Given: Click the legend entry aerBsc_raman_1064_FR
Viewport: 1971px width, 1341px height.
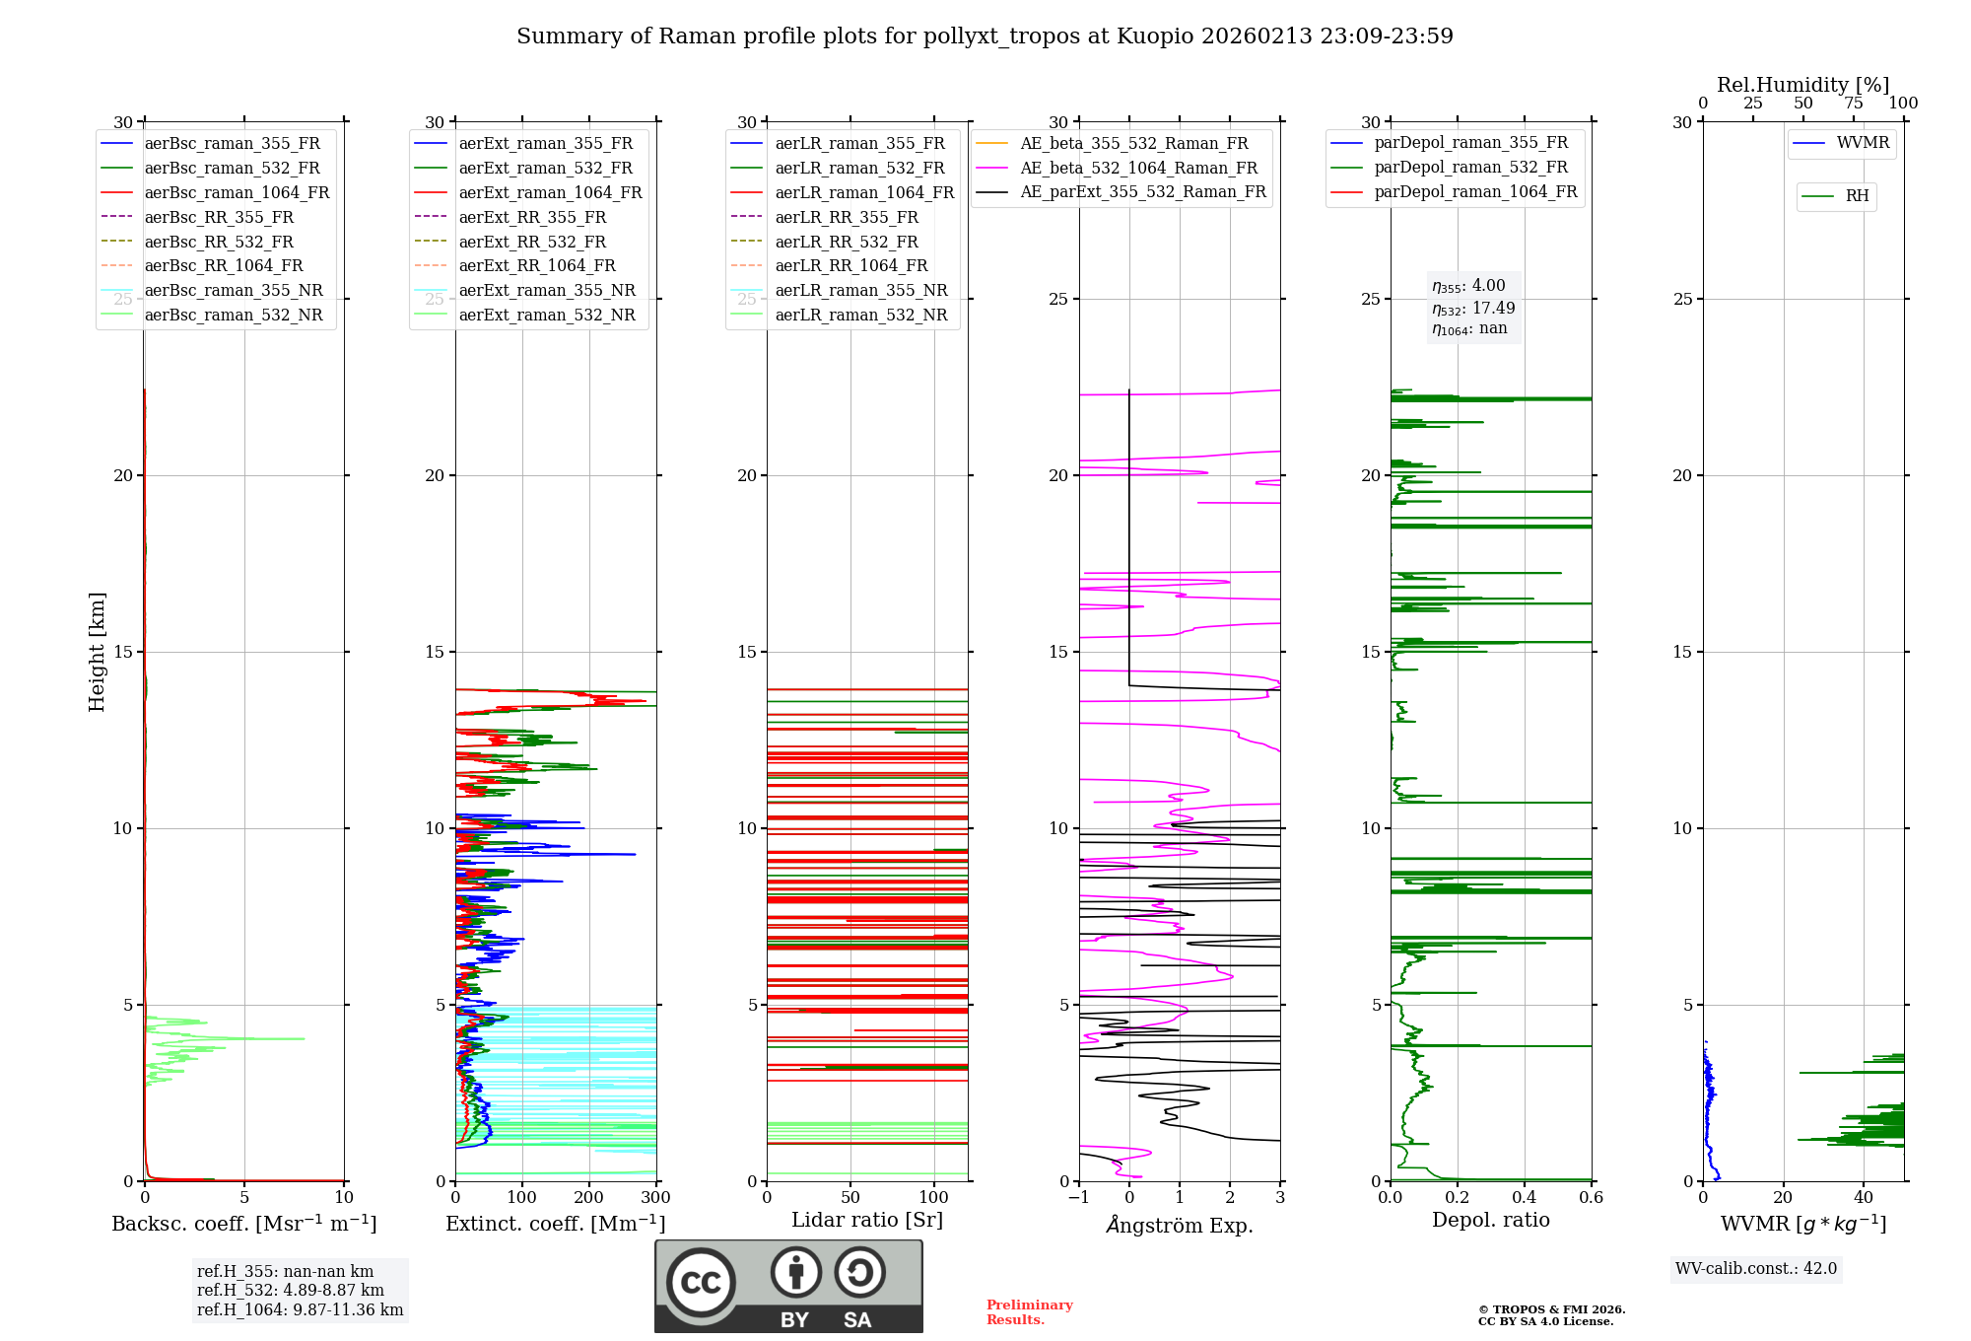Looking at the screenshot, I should click(237, 193).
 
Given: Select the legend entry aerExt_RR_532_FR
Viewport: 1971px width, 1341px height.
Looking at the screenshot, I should click(532, 242).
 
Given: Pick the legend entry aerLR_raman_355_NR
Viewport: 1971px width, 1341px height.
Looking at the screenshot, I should click(860, 291).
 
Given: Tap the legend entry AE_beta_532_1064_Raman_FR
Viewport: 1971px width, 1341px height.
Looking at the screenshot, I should click(1138, 169).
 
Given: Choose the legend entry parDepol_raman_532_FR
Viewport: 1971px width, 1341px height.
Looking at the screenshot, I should click(1470, 168).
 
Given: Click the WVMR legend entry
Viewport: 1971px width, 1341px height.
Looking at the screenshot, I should click(1862, 143).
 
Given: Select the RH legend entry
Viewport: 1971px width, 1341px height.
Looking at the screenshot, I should click(1857, 196).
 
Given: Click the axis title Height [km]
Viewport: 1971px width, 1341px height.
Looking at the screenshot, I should click(97, 652).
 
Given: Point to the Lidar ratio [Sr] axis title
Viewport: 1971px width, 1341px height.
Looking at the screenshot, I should click(867, 1220).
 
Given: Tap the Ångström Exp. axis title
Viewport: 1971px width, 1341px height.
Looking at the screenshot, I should click(1180, 1225).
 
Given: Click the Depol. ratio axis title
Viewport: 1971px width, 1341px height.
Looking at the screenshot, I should click(1490, 1220).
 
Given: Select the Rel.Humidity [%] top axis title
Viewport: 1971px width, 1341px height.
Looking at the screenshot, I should click(1802, 85).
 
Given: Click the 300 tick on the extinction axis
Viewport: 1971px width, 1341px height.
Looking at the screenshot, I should click(655, 1198).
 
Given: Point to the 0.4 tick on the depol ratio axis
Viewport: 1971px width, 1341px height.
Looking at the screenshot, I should click(1525, 1198).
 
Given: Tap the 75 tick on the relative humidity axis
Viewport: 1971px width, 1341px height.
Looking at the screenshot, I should click(1854, 104).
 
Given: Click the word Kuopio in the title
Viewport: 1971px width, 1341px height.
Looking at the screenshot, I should click(1154, 36).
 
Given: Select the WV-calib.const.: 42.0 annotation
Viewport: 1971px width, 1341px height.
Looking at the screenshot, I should click(1756, 1269).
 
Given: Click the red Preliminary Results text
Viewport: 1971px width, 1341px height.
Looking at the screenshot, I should click(1029, 1312).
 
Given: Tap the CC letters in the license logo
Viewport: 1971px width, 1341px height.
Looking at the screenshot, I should click(701, 1283).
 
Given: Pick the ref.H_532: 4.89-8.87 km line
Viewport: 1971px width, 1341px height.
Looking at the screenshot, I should click(290, 1291).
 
